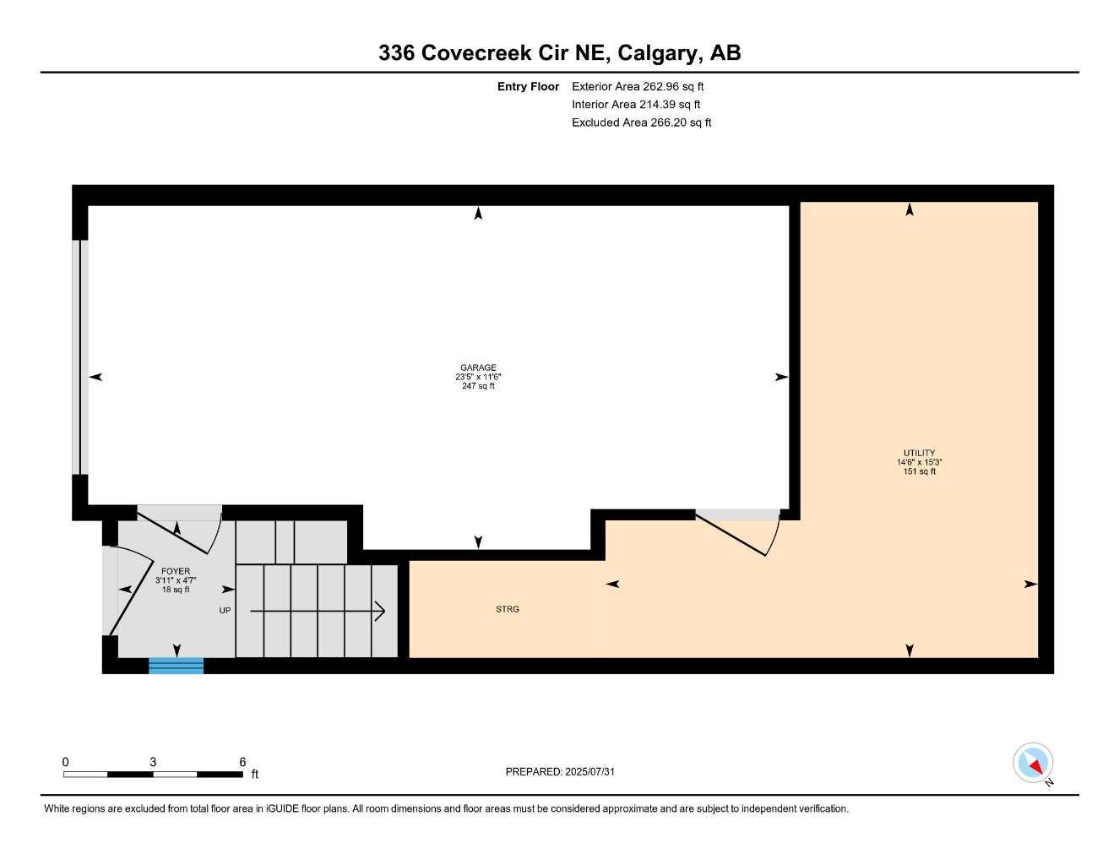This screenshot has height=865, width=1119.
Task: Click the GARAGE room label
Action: pyautogui.click(x=478, y=367)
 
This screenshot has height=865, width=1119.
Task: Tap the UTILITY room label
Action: pyautogui.click(x=919, y=453)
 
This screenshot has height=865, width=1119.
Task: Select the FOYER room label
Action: pyautogui.click(x=176, y=571)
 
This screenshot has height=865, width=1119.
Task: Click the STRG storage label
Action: pyautogui.click(x=508, y=609)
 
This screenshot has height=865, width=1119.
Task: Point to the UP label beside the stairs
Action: pyautogui.click(x=225, y=610)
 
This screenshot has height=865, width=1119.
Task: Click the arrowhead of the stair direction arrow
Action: pyautogui.click(x=381, y=610)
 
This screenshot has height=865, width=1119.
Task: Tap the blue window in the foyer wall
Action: pyautogui.click(x=176, y=666)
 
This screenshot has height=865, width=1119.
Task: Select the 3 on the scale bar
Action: pyautogui.click(x=153, y=762)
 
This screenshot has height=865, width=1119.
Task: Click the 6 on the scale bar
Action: pyautogui.click(x=242, y=762)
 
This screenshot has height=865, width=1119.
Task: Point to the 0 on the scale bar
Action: pyautogui.click(x=65, y=762)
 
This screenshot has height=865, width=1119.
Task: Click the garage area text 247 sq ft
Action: pyautogui.click(x=478, y=386)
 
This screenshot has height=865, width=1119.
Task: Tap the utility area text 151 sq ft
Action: pyautogui.click(x=919, y=471)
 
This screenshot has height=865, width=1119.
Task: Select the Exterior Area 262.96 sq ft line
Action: pyautogui.click(x=638, y=86)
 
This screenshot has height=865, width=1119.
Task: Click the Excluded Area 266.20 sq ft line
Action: pyautogui.click(x=641, y=122)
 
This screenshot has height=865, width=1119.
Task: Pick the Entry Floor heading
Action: pyautogui.click(x=528, y=86)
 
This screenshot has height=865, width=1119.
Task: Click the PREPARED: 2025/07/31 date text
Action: pyautogui.click(x=566, y=771)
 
